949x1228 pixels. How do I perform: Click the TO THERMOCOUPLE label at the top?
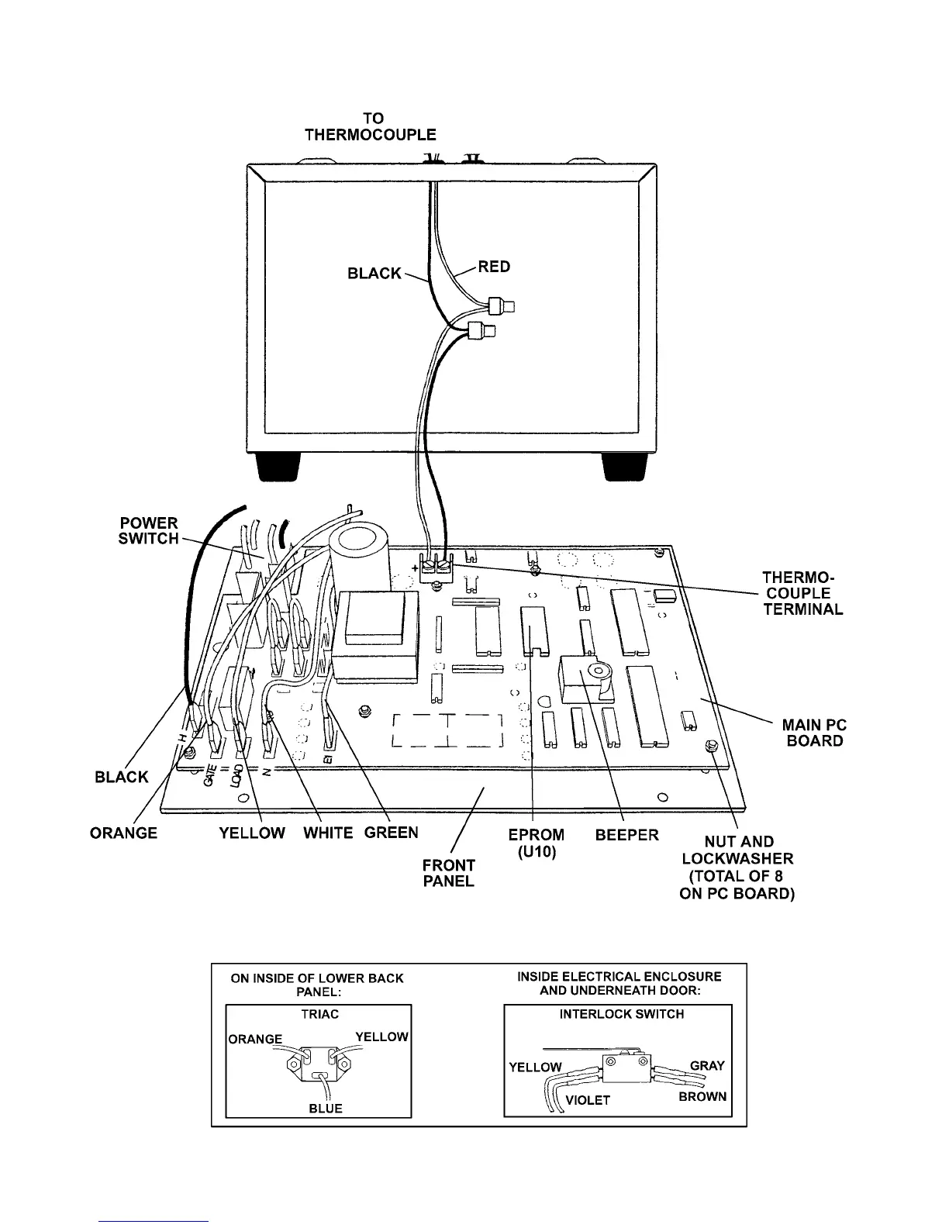coord(371,126)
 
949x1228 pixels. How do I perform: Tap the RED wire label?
coord(494,267)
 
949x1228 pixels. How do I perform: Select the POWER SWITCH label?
coord(148,531)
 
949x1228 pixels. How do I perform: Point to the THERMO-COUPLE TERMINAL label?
coord(802,593)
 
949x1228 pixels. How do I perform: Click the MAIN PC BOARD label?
coord(814,733)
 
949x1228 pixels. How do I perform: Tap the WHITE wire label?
coord(328,833)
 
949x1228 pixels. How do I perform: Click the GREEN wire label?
coord(392,833)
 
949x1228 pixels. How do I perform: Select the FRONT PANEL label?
coord(449,873)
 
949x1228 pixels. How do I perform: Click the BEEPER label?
coord(627,835)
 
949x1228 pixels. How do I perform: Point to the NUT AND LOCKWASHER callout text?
coord(738,868)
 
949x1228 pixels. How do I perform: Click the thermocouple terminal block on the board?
coord(435,568)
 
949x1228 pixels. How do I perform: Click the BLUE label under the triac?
coord(326,1109)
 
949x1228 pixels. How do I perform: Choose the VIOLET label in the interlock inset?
coord(588,1100)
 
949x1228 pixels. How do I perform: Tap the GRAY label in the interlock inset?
coord(707,1066)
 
